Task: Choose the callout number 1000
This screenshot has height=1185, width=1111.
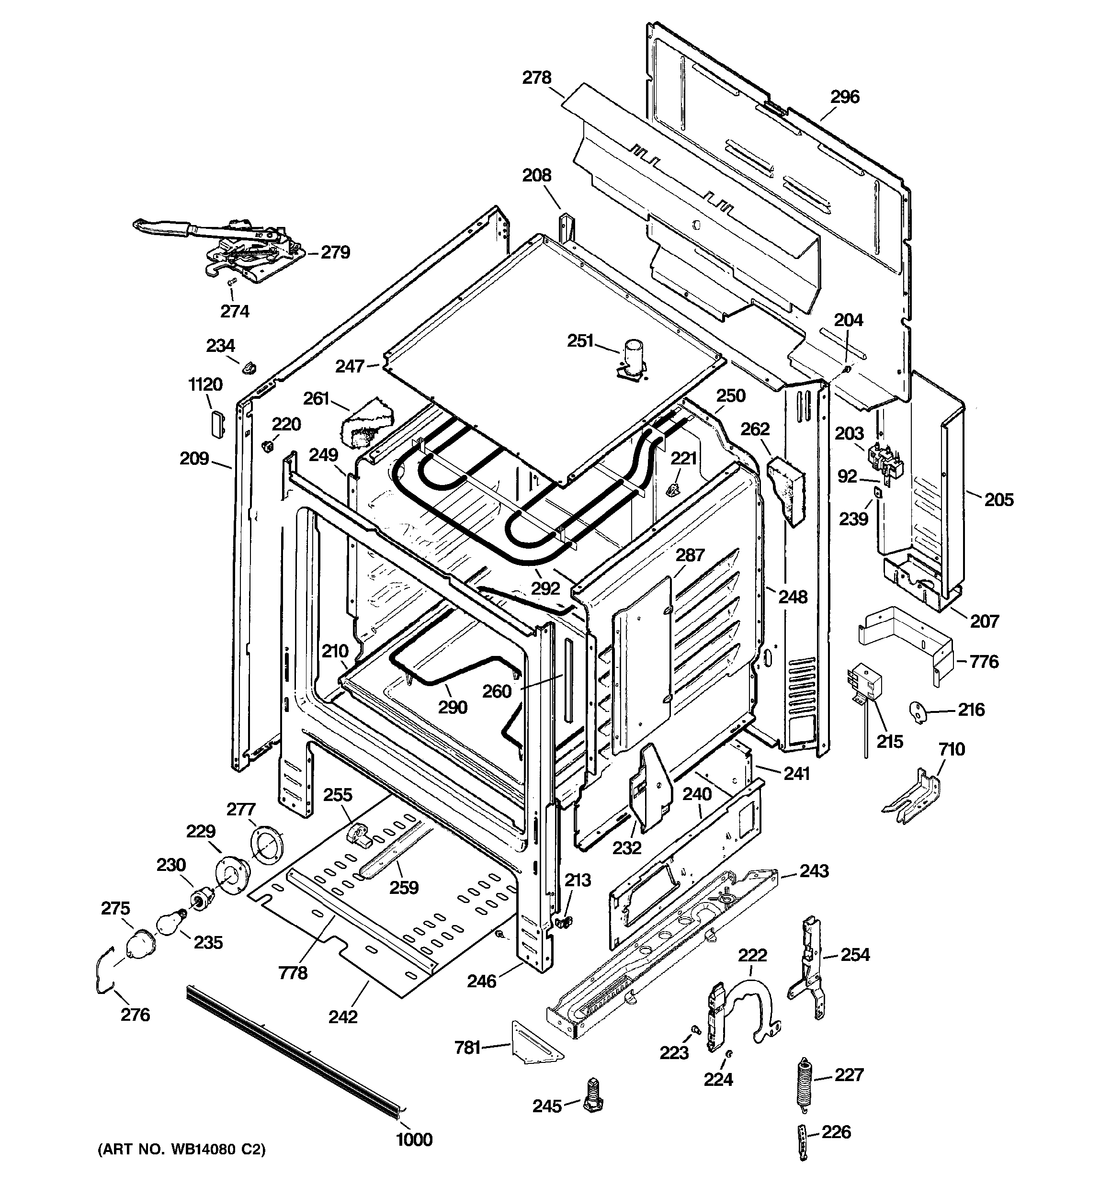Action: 414,1140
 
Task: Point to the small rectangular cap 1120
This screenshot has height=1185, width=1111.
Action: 217,424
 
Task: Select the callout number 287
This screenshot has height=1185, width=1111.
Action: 690,555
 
